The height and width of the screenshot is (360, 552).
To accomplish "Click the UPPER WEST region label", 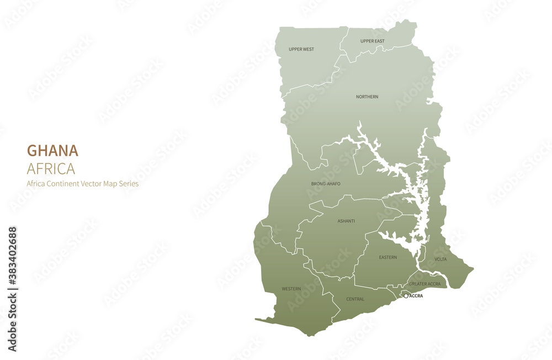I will click(x=301, y=49).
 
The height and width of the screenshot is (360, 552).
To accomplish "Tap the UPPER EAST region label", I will click(x=372, y=41).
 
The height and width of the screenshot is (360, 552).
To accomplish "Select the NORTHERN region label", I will click(x=367, y=97).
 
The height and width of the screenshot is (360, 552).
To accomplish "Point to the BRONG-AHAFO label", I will click(x=326, y=183).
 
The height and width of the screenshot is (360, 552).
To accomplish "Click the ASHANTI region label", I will click(x=346, y=221).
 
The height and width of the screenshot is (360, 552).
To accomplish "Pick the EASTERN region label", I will click(x=388, y=257).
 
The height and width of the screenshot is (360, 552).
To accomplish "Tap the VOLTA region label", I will click(x=440, y=259).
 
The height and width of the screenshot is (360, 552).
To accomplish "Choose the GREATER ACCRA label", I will click(x=424, y=284).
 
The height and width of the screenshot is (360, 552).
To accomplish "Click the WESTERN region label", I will click(x=291, y=289).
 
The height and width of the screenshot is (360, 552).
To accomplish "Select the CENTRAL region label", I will click(x=355, y=299).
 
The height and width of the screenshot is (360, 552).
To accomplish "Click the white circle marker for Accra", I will click(x=406, y=296).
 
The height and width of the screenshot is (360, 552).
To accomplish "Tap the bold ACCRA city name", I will click(x=416, y=296).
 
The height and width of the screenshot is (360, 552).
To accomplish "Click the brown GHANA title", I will click(x=52, y=151).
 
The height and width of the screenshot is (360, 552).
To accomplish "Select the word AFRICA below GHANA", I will click(x=51, y=168).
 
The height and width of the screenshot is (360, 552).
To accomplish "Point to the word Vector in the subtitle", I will click(x=91, y=184).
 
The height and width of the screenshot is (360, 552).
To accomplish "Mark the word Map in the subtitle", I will click(x=109, y=184).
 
